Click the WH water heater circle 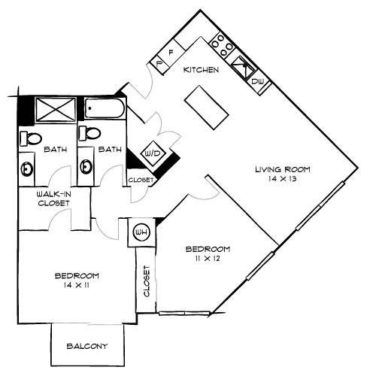141,232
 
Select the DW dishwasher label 258,81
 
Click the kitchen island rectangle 207,108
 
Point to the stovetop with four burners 222,45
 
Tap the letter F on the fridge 171,53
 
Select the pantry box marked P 159,63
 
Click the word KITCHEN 201,70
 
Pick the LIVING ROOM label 283,170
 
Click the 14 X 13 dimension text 283,179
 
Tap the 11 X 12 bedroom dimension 208,259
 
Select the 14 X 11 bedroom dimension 77,285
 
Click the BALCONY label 87,346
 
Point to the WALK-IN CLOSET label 53,199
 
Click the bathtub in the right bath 105,108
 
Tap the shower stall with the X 56,110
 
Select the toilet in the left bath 31,138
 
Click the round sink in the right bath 86,166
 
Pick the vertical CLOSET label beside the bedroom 147,281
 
